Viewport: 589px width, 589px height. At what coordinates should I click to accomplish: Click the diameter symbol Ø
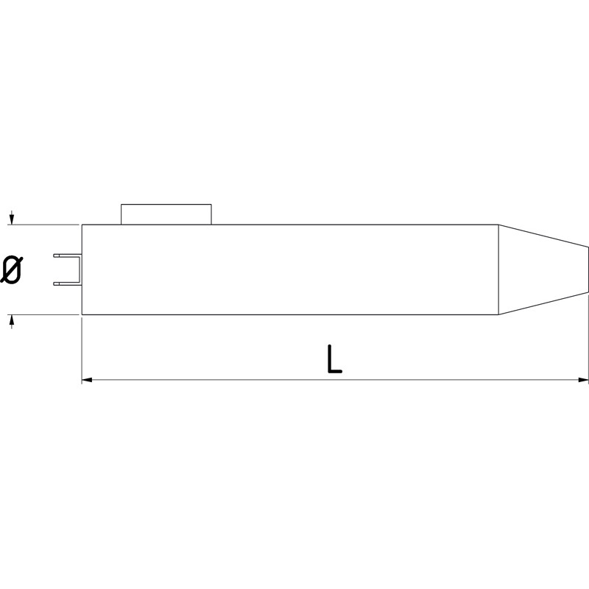12,269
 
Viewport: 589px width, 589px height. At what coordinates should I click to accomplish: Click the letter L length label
334,359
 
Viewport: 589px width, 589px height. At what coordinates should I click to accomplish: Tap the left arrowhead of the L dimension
85,380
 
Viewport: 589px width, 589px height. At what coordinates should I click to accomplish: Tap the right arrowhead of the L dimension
584,380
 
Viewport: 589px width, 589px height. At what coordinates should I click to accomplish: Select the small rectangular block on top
166,214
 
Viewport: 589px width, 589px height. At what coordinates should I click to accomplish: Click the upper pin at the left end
66,255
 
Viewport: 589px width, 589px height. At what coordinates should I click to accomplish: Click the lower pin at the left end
66,283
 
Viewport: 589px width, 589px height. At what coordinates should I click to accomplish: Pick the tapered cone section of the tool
541,269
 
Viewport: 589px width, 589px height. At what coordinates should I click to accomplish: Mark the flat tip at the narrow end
588,269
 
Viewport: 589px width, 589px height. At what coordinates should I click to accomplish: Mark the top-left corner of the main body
82,225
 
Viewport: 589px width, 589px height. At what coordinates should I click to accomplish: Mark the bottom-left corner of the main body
82,314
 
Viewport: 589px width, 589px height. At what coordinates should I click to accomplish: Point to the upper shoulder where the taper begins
500,225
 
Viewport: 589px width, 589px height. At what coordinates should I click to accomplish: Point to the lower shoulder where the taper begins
500,314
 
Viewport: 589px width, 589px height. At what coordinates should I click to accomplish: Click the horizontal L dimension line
221,380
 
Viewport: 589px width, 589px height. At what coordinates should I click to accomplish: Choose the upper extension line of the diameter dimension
44,225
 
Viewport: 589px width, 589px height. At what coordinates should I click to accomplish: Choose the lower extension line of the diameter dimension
44,314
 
